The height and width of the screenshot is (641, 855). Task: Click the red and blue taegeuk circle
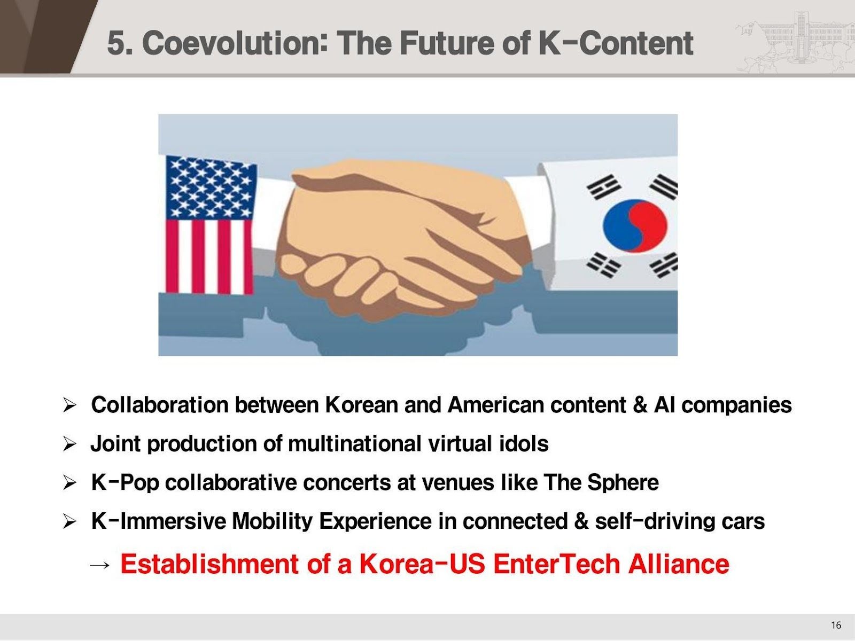point(635,225)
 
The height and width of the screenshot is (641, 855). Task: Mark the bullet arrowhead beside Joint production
point(70,444)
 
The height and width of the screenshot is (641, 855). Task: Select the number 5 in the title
point(116,43)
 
